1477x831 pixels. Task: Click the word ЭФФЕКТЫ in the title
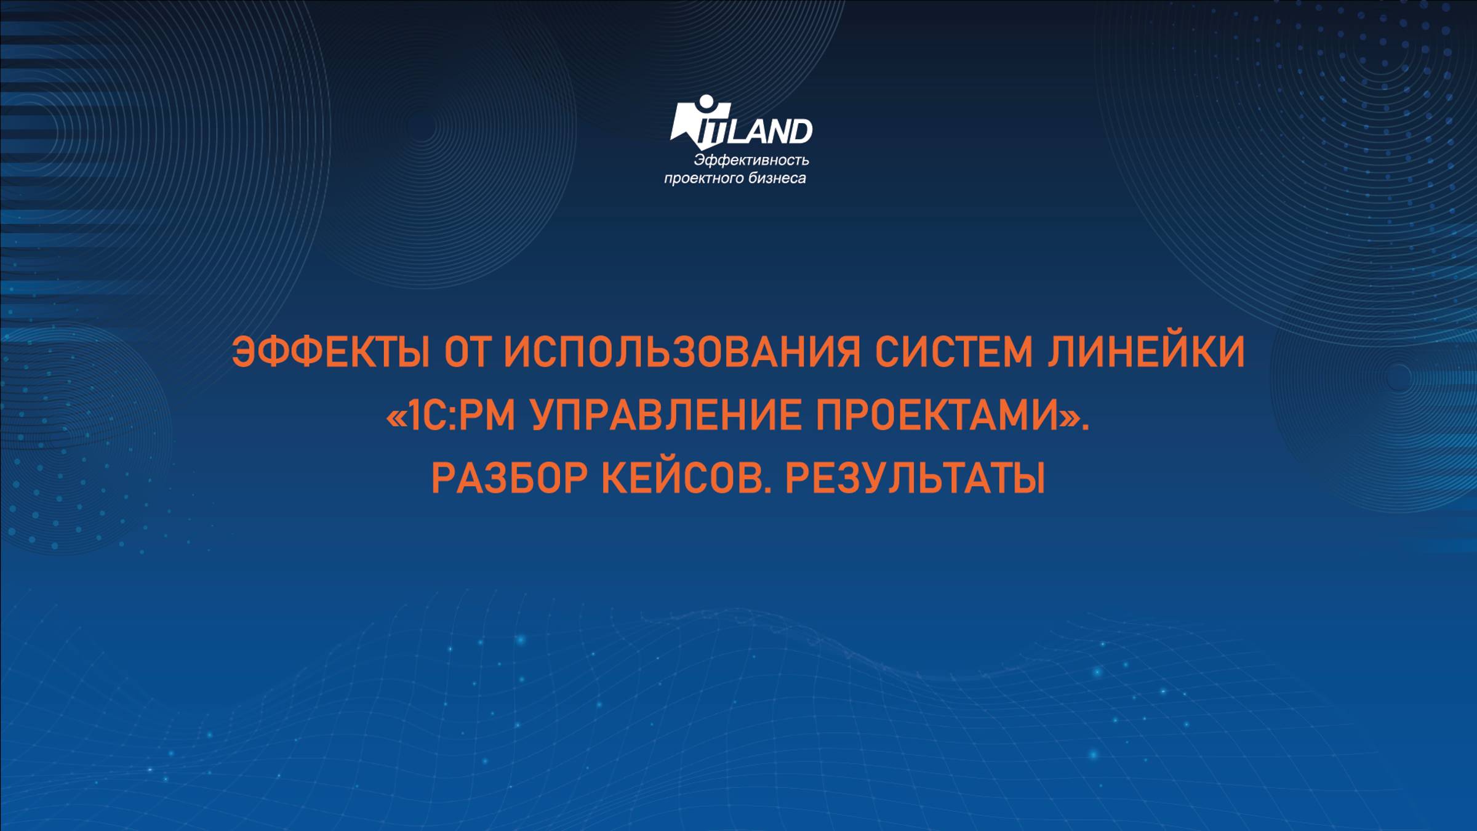tap(330, 353)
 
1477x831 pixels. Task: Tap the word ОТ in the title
tap(466, 353)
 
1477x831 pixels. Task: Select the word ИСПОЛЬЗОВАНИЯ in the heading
tap(682, 353)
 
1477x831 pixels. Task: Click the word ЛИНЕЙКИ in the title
tap(1147, 353)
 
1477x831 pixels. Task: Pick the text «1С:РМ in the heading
tap(450, 416)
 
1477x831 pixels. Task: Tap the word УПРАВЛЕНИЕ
tap(666, 416)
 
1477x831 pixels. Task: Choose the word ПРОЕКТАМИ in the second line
tap(937, 416)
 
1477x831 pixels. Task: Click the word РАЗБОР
tap(508, 480)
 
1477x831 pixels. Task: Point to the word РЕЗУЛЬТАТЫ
tap(915, 480)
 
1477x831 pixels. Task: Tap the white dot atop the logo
tap(705, 103)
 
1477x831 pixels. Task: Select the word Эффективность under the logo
tap(751, 161)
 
